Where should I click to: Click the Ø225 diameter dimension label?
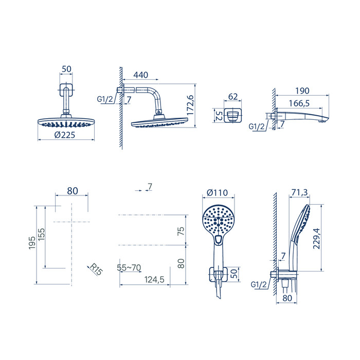pyautogui.click(x=64, y=135)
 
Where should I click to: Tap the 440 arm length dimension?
pyautogui.click(x=140, y=75)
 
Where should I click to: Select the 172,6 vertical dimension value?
pyautogui.click(x=190, y=105)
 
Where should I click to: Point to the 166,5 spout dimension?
pyautogui.click(x=299, y=103)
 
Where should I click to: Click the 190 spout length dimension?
pyautogui.click(x=302, y=91)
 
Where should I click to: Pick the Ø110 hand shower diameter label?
pyautogui.click(x=217, y=193)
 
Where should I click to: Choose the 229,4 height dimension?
pyautogui.click(x=316, y=238)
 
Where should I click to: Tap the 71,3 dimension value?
pyautogui.click(x=299, y=192)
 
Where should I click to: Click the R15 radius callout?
pyautogui.click(x=96, y=269)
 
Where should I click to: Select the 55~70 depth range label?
pyautogui.click(x=129, y=267)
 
